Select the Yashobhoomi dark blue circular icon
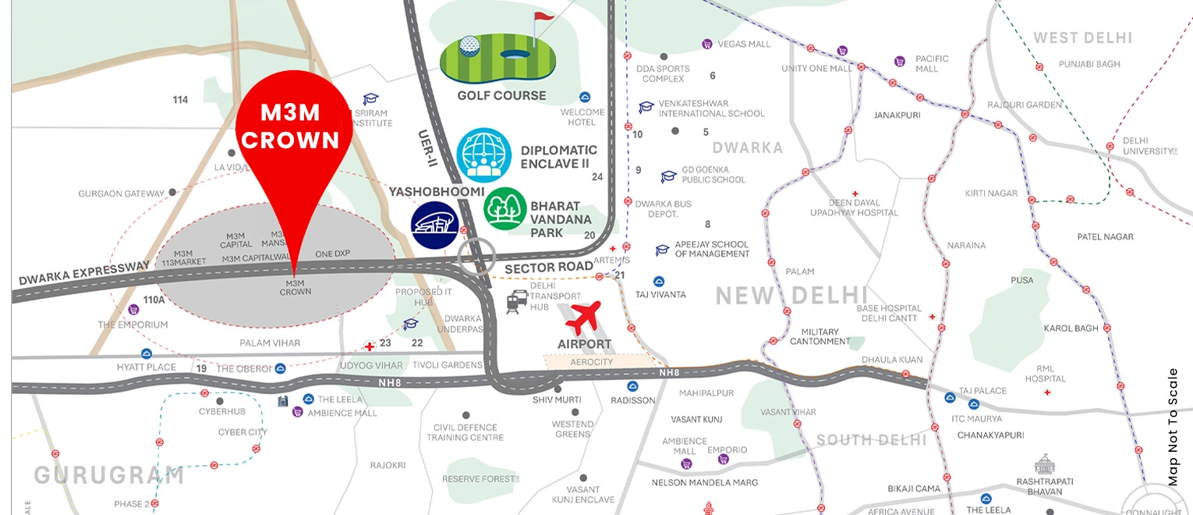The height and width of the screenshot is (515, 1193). pos(434,225)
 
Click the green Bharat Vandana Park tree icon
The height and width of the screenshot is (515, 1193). pos(505,208)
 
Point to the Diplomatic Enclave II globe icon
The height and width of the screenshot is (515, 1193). pos(483,155)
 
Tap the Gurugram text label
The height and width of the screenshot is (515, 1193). pos(108,474)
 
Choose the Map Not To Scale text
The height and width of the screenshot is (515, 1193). pos(1174,427)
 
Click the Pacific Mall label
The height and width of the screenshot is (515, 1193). pos(932,63)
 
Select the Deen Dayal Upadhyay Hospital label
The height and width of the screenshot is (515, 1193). pos(855,208)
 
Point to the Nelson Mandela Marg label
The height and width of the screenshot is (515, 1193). pos(704,483)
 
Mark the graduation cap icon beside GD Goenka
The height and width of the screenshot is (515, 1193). pos(668,177)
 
